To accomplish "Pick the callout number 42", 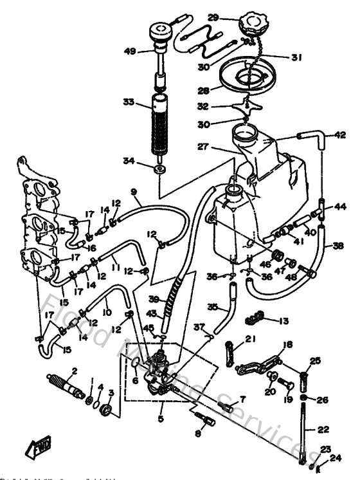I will click(340, 135).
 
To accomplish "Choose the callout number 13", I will click(284, 320).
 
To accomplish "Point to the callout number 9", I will click(134, 192).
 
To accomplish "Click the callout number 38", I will click(338, 245).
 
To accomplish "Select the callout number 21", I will click(249, 340).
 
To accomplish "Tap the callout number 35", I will click(213, 307).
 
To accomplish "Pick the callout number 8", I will click(197, 434).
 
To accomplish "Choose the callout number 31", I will click(296, 57).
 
